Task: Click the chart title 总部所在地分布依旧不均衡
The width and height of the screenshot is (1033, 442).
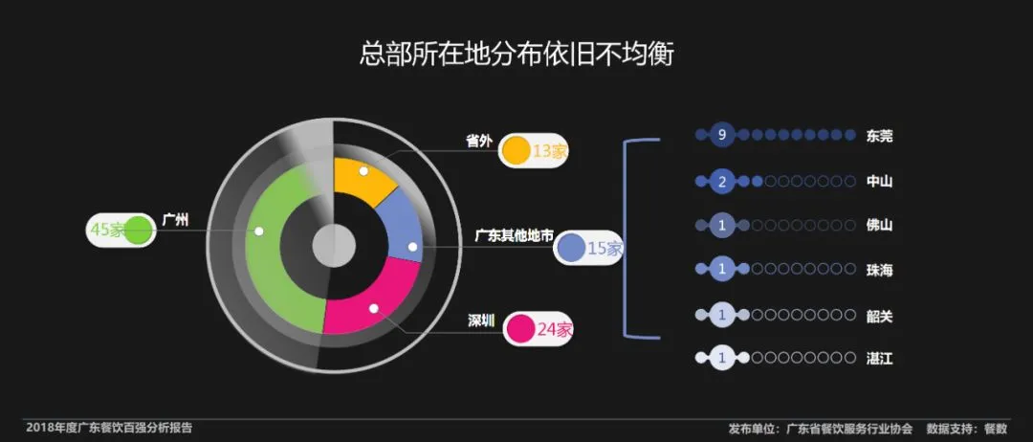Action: [x=516, y=54]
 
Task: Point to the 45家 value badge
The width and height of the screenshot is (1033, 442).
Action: [x=120, y=230]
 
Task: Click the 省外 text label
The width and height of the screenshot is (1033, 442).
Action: [x=478, y=142]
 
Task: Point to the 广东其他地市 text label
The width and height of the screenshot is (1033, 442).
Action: [x=514, y=235]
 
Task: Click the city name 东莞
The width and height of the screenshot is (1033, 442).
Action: [x=879, y=135]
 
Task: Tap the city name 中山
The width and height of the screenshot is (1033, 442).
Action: [x=879, y=180]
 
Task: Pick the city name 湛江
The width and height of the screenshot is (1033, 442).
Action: [x=879, y=359]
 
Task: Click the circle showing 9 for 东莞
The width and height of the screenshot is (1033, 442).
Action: [x=723, y=135]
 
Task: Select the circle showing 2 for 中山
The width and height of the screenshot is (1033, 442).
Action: [x=723, y=180]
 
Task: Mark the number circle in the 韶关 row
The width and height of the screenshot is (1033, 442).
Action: [x=723, y=314]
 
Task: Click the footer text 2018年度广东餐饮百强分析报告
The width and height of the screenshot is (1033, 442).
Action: [x=109, y=428]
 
